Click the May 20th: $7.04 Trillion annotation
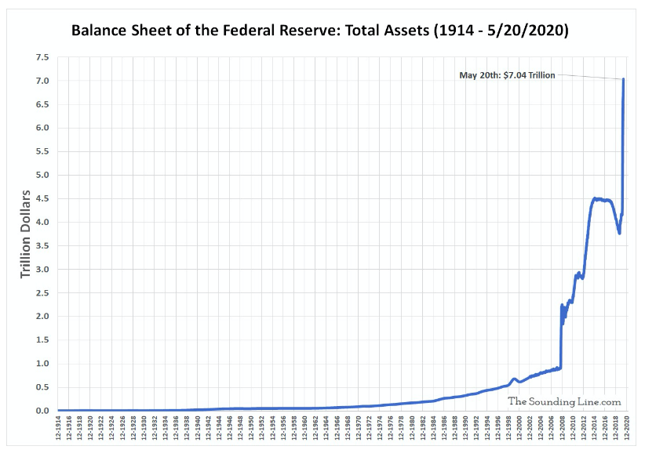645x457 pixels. click(507, 75)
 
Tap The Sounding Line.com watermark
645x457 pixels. click(564, 401)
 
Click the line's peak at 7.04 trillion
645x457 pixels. click(623, 79)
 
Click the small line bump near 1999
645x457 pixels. click(514, 379)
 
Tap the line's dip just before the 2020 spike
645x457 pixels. click(620, 233)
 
